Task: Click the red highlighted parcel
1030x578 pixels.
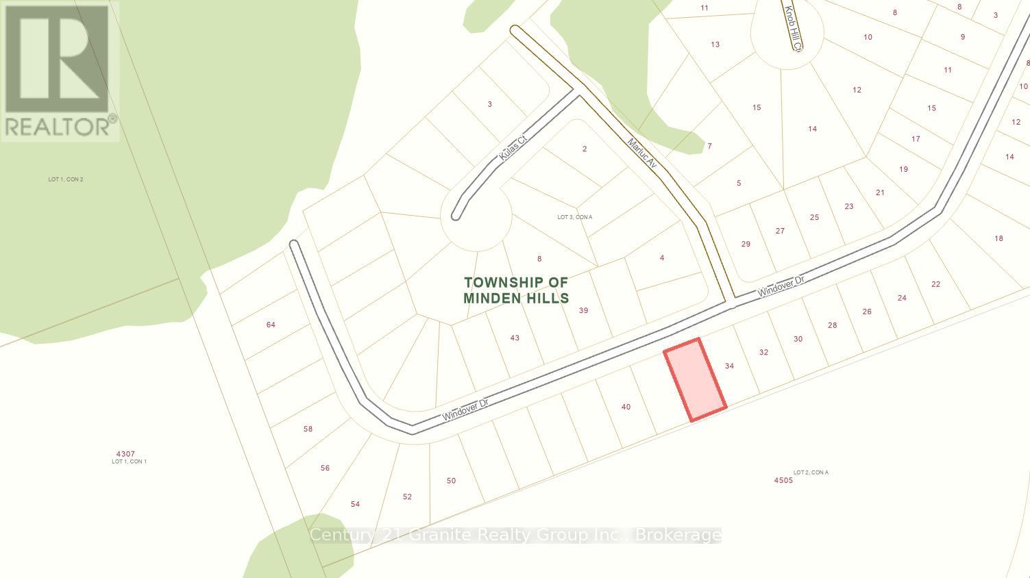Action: point(695,379)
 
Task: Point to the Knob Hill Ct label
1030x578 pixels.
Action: point(793,28)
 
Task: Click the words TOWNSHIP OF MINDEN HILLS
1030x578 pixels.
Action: point(516,290)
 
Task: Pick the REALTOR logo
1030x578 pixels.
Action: point(60,71)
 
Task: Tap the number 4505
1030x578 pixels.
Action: point(783,480)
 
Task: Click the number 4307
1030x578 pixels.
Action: point(125,453)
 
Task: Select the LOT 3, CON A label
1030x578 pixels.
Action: point(574,217)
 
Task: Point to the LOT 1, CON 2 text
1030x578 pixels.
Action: point(66,179)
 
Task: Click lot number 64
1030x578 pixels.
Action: point(271,325)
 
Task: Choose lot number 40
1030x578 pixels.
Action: point(626,407)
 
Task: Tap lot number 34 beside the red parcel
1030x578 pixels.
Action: point(729,366)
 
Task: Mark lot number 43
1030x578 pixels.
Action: point(515,338)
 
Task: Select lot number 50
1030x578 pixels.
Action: point(451,481)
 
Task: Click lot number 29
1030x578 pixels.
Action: point(746,244)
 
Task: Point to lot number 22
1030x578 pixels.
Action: point(935,284)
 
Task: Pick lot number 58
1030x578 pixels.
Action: point(308,429)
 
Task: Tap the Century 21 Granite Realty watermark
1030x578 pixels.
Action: point(515,535)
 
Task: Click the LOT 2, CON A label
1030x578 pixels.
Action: point(811,473)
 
